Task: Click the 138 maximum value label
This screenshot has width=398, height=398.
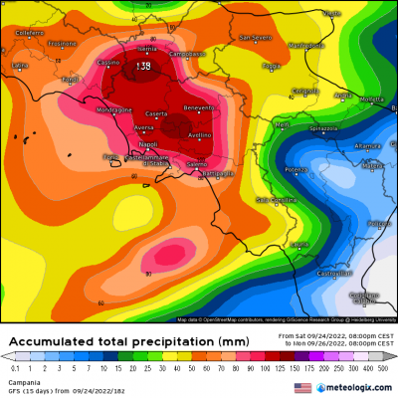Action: [142, 66]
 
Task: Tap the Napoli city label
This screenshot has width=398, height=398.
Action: [122, 144]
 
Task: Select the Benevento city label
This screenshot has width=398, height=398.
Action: [199, 107]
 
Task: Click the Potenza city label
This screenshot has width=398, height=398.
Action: [296, 169]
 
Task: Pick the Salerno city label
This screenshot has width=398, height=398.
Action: [196, 162]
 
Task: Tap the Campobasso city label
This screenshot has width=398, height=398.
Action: [186, 53]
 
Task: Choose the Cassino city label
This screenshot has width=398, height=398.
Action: [108, 62]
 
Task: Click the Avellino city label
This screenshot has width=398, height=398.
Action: [199, 134]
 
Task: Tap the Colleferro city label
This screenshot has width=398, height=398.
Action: [30, 33]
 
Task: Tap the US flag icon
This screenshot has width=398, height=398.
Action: [302, 387]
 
